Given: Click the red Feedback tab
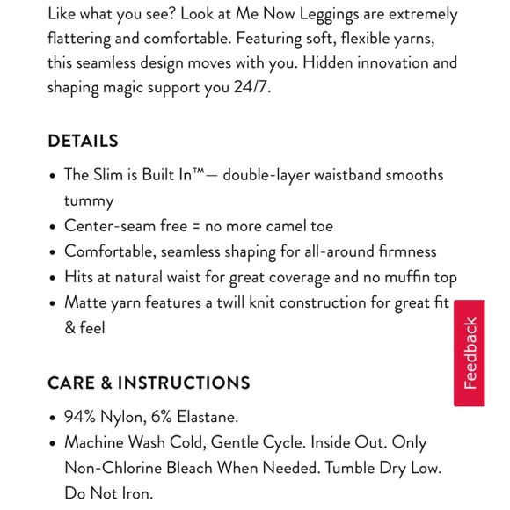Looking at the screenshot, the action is tap(470, 353).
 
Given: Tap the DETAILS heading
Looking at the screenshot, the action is tap(83, 141).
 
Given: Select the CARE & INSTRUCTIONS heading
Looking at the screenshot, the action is tap(149, 382).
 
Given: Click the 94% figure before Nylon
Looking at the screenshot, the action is tap(82, 417).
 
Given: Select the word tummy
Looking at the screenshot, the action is tap(89, 200).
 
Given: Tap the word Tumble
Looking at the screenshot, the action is tap(352, 468).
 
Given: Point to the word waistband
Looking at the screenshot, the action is tap(346, 175).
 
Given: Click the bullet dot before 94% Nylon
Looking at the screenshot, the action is tap(53, 419).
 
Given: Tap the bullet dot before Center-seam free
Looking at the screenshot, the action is tap(53, 227).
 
